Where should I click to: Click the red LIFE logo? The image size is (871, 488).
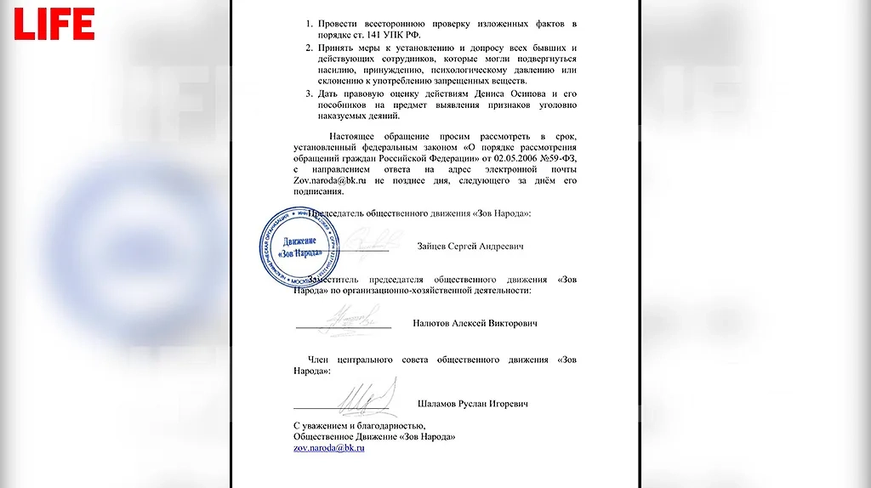point(53,24)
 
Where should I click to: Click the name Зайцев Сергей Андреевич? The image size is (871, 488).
point(470,247)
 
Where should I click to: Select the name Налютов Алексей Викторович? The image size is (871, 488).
point(475,323)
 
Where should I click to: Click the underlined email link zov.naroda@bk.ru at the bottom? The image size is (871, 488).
point(329,447)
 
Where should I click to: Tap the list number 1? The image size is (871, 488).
point(310,24)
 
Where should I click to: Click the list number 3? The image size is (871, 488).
point(310,93)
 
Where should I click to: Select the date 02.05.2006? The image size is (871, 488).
point(505,159)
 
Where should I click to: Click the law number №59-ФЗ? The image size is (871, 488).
point(554,159)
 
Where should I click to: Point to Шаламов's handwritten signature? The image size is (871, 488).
point(367,397)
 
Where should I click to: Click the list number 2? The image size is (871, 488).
point(310,48)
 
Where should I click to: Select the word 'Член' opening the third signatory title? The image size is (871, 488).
point(317,360)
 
